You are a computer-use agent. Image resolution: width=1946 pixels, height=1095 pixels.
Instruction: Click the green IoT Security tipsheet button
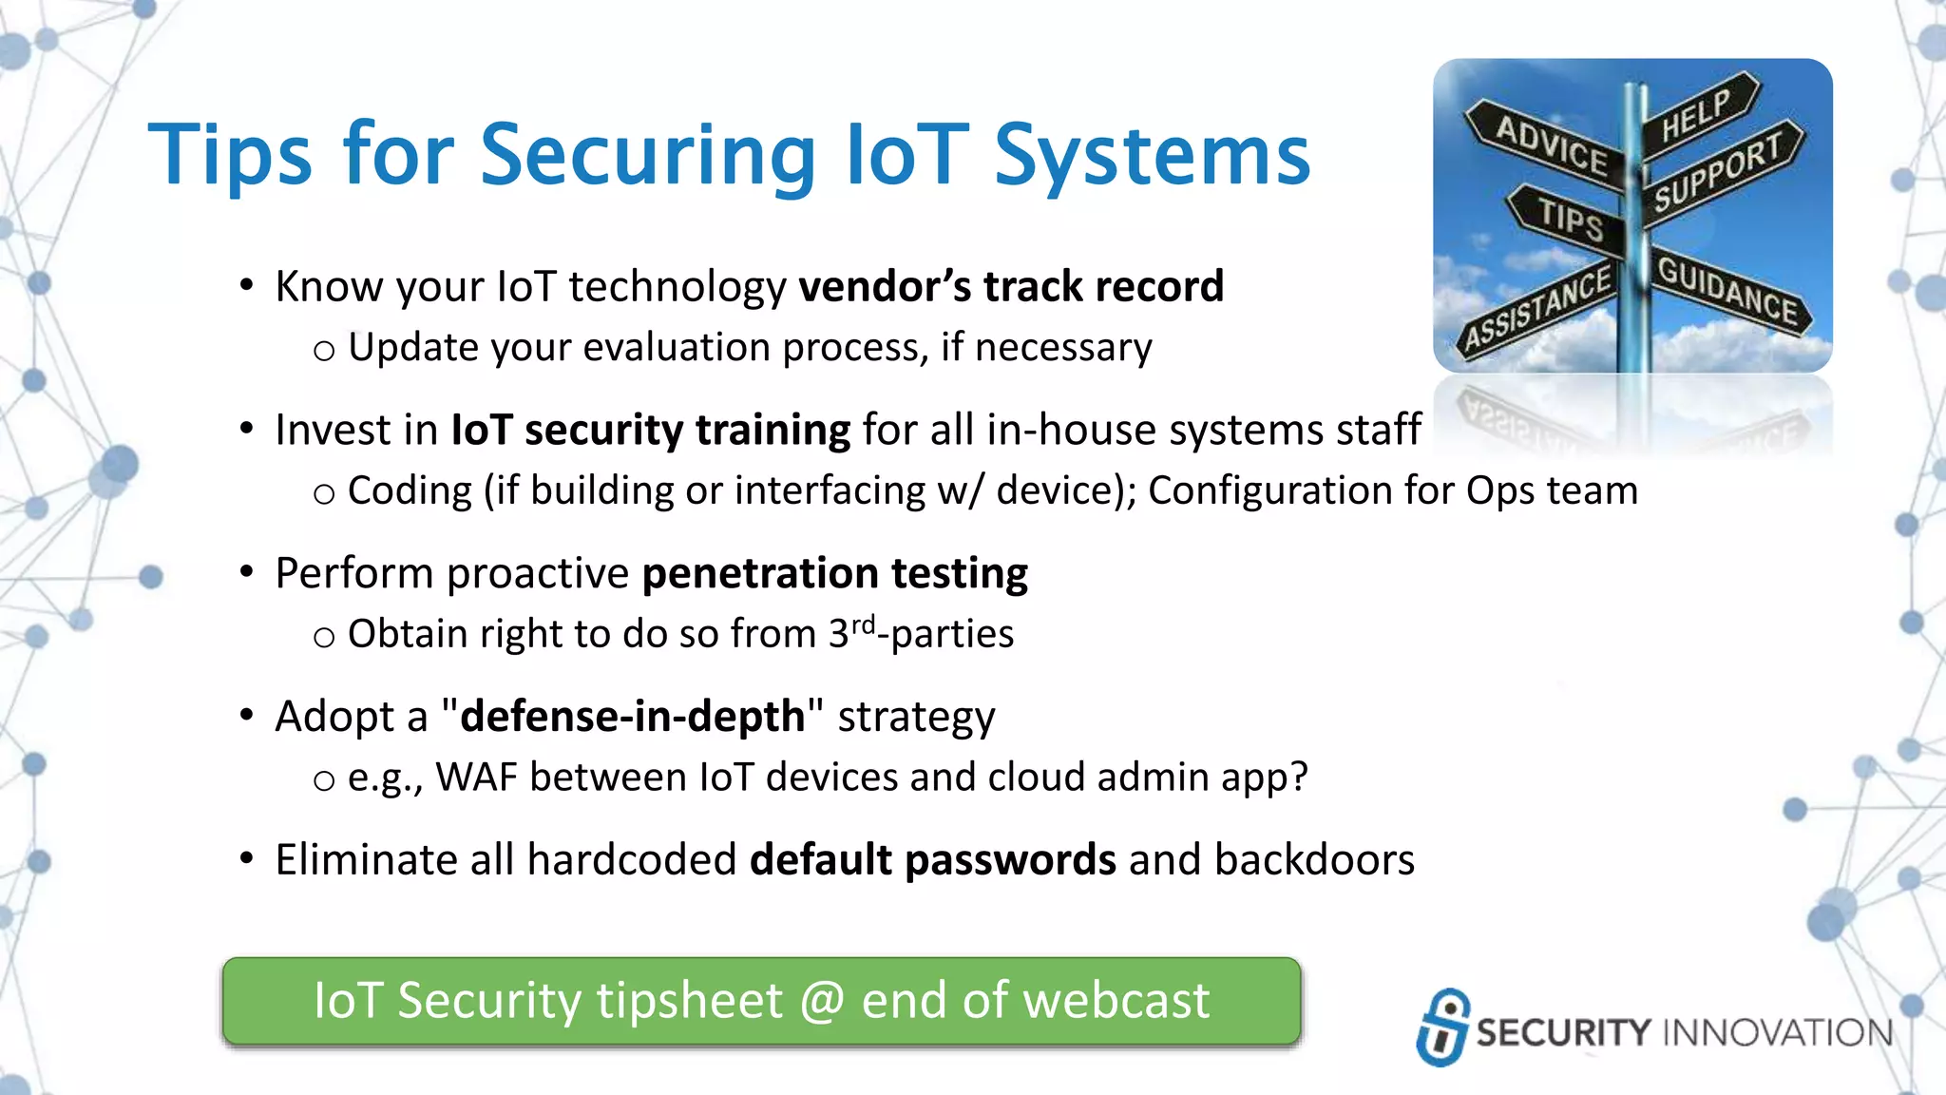(761, 1001)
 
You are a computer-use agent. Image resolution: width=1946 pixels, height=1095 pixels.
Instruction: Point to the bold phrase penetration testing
(834, 573)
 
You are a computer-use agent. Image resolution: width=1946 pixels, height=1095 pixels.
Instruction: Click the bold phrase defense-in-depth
(632, 717)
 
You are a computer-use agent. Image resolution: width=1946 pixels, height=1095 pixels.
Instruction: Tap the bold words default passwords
(932, 860)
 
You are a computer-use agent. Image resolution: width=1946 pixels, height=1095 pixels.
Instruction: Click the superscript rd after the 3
(863, 624)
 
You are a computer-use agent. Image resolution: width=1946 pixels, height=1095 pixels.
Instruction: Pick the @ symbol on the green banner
(821, 1001)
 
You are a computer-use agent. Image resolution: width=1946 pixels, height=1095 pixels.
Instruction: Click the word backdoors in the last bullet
(1314, 860)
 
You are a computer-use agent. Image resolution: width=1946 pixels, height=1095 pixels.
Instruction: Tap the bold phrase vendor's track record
(1011, 287)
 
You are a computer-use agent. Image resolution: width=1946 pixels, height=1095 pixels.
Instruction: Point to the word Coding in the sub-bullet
(410, 491)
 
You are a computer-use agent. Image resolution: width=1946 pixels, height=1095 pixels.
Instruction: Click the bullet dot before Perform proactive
(247, 572)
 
